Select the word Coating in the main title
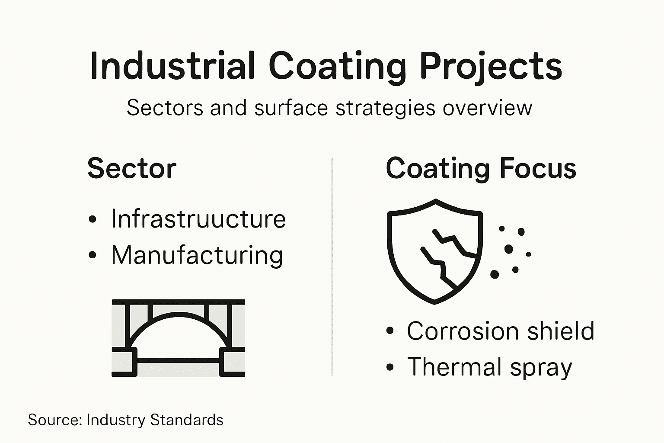click(338, 66)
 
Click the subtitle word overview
click(487, 108)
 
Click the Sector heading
click(132, 168)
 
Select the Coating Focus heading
click(481, 168)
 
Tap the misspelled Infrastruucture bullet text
click(198, 218)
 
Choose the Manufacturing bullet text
click(197, 255)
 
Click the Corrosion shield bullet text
click(501, 331)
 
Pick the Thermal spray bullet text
click(489, 367)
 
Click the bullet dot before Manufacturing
click(92, 255)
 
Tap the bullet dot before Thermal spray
click(390, 367)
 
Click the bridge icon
click(178, 337)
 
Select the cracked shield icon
click(435, 251)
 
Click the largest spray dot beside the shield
click(509, 249)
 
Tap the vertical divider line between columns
click(332, 266)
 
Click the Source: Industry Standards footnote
click(126, 420)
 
